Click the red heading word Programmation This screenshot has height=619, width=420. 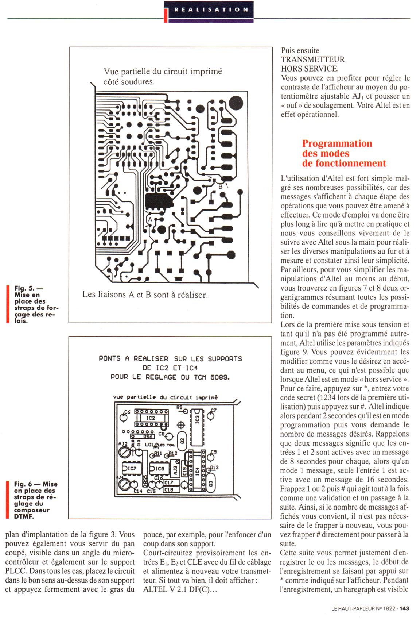coord(337,143)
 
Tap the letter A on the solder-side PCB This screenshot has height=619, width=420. coord(149,219)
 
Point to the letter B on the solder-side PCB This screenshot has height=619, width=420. coord(220,187)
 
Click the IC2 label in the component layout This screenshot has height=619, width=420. coord(151,418)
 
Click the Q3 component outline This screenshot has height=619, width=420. coord(209,483)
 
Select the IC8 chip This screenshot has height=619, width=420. coord(158,468)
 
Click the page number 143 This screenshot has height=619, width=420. coord(404,608)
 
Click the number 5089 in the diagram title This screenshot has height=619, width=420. coord(220,377)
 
